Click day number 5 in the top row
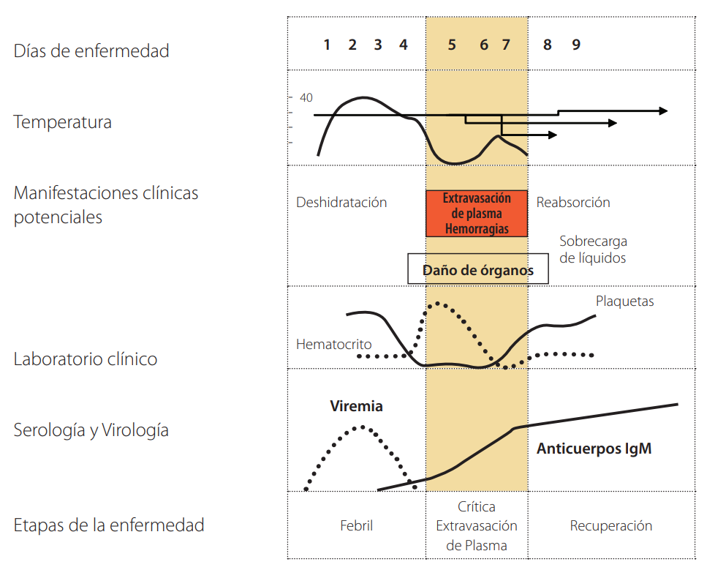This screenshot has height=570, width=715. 452,45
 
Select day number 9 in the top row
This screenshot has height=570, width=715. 576,45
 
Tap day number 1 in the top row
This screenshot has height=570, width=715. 327,45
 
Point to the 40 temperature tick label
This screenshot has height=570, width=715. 306,97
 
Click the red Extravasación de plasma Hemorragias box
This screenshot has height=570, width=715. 477,214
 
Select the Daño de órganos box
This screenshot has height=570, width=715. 477,270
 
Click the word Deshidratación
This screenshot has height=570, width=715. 341,203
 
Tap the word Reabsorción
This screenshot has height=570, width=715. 573,203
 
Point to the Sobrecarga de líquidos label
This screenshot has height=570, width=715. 593,250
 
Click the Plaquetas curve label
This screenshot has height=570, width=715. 624,301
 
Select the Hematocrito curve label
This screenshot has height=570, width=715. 334,344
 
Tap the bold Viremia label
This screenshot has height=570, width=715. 356,407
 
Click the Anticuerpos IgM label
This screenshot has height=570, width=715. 594,449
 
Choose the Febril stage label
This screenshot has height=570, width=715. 356,526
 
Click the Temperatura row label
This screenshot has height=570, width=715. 63,122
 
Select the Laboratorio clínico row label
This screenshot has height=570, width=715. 86,359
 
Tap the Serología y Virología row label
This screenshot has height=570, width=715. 91,430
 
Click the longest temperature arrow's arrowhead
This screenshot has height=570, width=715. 662,110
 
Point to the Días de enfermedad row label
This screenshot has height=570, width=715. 91,51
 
